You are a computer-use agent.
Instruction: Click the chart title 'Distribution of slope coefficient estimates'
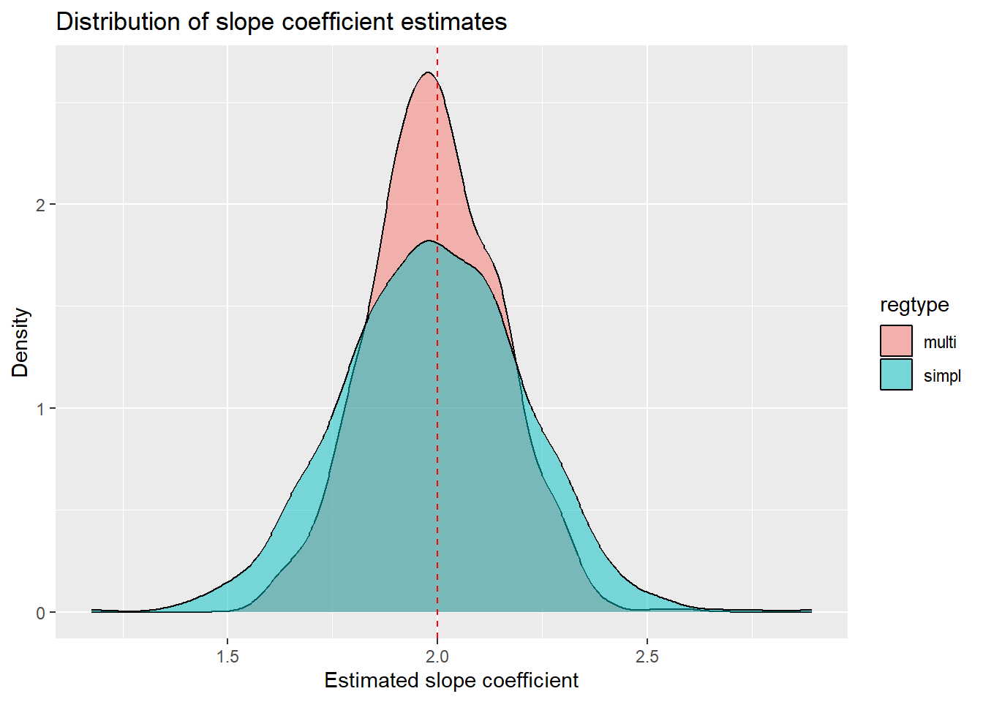(x=281, y=22)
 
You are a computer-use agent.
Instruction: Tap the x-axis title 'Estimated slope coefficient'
(x=451, y=681)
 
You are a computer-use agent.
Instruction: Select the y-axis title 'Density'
(x=20, y=342)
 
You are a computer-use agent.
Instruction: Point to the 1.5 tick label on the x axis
(x=227, y=656)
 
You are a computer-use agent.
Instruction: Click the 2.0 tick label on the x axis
(x=437, y=656)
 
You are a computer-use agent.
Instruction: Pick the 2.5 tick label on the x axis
(x=647, y=656)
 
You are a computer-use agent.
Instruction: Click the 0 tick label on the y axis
(x=41, y=613)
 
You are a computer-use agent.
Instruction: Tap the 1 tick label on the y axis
(x=41, y=409)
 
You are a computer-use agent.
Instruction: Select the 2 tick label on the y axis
(x=41, y=205)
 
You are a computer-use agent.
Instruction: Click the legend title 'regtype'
(x=914, y=305)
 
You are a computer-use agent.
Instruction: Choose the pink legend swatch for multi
(x=896, y=341)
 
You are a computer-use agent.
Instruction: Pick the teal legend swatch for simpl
(x=896, y=374)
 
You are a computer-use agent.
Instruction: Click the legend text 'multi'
(x=940, y=341)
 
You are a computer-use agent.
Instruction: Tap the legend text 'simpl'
(x=942, y=376)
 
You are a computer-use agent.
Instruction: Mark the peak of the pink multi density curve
(x=428, y=72)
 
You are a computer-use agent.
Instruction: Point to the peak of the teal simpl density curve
(x=429, y=241)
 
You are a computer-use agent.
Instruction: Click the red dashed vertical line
(x=437, y=439)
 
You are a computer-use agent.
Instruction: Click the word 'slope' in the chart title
(x=246, y=22)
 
